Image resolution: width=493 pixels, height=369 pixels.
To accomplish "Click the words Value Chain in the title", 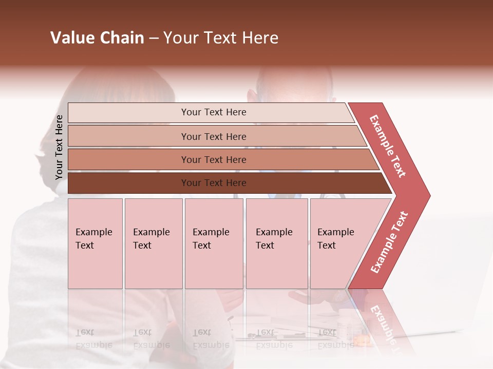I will click(x=97, y=38).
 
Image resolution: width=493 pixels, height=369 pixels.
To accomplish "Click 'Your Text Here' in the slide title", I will click(x=221, y=38).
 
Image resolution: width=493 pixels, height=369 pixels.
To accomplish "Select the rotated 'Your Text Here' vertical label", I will click(x=59, y=147).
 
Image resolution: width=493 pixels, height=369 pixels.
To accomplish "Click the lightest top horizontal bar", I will click(x=128, y=113).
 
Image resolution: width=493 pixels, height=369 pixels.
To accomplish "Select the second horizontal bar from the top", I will click(x=128, y=136).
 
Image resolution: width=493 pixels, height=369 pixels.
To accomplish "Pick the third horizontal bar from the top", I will click(x=128, y=159).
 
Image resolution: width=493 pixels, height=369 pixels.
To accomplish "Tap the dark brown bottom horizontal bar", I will click(x=128, y=183).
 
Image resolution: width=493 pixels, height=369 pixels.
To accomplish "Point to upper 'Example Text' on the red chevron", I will click(x=388, y=146).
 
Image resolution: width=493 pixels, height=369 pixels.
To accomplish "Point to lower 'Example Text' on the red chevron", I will click(x=389, y=242).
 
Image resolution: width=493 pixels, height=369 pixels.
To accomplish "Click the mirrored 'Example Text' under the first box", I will click(x=94, y=339).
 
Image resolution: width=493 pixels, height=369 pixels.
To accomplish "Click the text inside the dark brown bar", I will click(x=214, y=183).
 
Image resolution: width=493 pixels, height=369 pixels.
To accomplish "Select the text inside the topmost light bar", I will click(x=214, y=112).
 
